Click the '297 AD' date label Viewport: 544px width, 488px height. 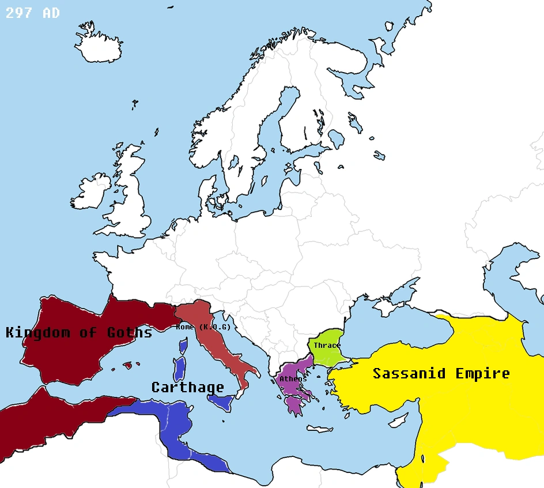[32, 13]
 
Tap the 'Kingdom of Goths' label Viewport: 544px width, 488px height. [79, 332]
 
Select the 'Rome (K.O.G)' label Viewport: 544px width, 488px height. [203, 327]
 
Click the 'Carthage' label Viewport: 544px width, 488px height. [188, 387]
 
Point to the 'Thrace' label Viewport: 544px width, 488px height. [327, 346]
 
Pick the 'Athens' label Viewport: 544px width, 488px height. [293, 379]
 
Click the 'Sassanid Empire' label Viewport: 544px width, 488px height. [441, 373]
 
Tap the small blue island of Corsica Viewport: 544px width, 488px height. [183, 346]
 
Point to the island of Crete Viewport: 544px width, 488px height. [319, 429]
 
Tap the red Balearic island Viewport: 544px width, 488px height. [128, 365]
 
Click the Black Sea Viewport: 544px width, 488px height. [392, 326]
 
